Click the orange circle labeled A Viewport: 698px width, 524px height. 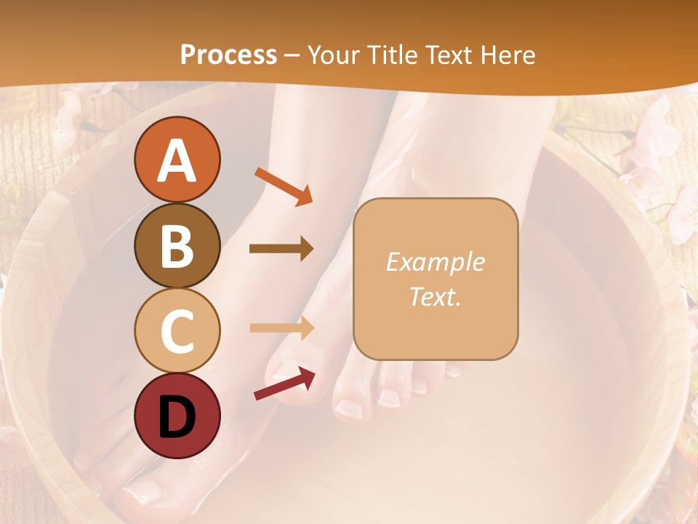[x=177, y=159]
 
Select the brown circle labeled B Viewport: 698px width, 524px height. [x=177, y=245]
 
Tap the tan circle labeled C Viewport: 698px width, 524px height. [x=177, y=330]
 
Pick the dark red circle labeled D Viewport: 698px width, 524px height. [x=177, y=416]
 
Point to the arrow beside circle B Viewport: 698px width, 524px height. [x=281, y=249]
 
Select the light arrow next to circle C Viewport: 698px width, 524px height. [x=281, y=327]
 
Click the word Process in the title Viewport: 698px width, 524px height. [x=228, y=55]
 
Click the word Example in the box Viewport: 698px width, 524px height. [x=435, y=262]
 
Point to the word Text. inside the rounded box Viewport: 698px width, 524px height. [x=435, y=297]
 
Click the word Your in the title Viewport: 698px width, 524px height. [x=333, y=55]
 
